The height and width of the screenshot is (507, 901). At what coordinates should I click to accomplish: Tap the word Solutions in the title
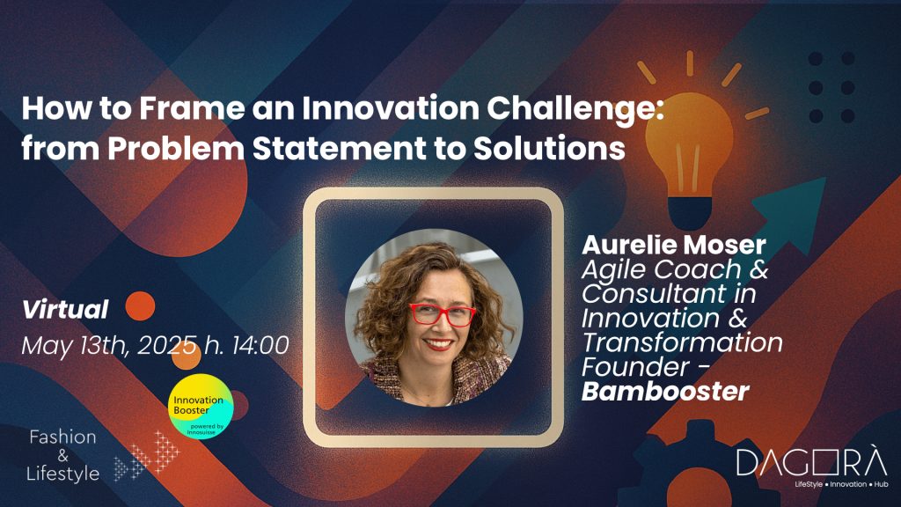pos(549,148)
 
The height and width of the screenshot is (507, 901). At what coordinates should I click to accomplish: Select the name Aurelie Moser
pos(674,246)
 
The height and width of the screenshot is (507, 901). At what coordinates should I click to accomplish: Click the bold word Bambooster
pos(665,392)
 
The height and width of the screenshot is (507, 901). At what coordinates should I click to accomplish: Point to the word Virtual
pos(65,309)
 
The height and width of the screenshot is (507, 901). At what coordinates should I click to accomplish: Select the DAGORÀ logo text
pos(812,461)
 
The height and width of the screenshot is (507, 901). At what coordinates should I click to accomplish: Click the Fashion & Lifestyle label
pos(62,455)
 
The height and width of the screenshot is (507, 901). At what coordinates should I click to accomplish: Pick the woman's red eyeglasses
pos(442,314)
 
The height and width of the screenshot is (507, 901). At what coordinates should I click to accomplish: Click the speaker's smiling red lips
pos(438,344)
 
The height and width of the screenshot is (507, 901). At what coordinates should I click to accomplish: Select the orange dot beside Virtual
pos(140,305)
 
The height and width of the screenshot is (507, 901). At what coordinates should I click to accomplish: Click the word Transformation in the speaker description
pos(682,342)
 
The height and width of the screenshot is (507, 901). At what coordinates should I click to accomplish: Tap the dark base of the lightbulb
pos(690,213)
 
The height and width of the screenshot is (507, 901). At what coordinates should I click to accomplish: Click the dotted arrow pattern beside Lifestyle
pos(147,455)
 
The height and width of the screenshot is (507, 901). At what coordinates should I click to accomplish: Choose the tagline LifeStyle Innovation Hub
pos(841,484)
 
